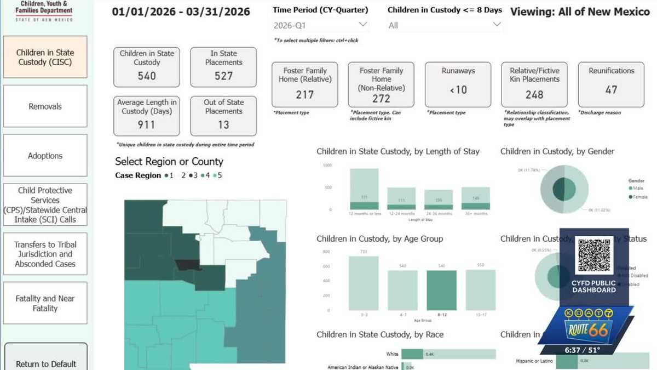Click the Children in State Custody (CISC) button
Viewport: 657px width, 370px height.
[45, 57]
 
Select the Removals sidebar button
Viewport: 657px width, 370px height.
[45, 106]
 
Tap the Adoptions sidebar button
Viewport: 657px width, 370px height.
[45, 156]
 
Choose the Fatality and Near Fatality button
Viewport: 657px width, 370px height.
[45, 303]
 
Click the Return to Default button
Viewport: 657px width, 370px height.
[45, 362]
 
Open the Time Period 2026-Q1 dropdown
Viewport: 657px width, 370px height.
[321, 25]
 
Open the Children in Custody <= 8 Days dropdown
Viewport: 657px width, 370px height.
[444, 25]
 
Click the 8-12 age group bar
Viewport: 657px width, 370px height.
[441, 291]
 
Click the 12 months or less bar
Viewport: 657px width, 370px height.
[364, 189]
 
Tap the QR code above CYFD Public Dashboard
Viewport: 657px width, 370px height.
[594, 255]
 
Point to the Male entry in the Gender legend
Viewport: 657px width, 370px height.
[635, 188]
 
